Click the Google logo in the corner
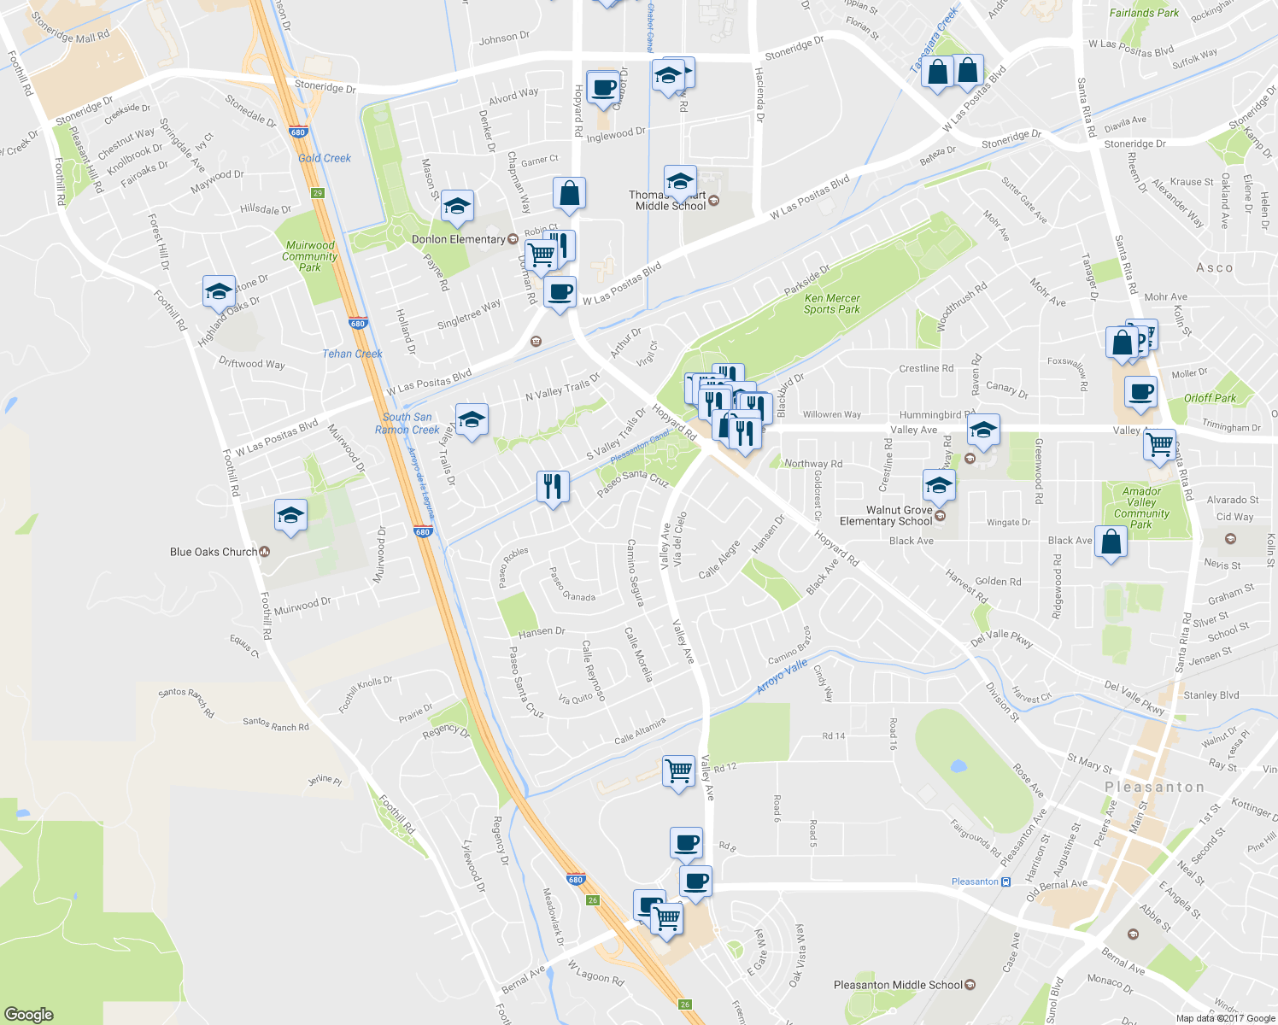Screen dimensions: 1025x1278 click(x=29, y=1014)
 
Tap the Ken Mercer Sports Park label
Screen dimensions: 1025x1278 click(x=831, y=304)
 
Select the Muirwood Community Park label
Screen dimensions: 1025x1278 click(x=309, y=256)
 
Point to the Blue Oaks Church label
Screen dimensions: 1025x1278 click(x=214, y=552)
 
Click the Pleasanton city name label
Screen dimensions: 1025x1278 click(x=1154, y=787)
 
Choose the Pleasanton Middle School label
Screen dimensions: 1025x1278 click(x=898, y=985)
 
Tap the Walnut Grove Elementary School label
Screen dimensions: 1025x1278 click(x=886, y=515)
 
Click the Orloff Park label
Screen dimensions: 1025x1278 click(x=1210, y=398)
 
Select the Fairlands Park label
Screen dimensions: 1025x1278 click(x=1144, y=13)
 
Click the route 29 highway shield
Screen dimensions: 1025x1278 click(x=318, y=193)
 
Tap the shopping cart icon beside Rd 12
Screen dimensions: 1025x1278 click(x=679, y=770)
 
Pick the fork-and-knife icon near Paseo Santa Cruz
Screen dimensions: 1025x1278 click(x=552, y=487)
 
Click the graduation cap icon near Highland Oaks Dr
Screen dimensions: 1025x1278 click(x=219, y=291)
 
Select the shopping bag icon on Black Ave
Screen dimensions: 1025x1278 click(x=1110, y=542)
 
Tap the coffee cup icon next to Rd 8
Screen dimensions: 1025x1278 click(x=687, y=843)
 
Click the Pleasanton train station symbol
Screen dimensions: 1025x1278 click(x=1005, y=881)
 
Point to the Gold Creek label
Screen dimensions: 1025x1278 click(x=325, y=158)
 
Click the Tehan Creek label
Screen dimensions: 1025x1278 click(x=352, y=354)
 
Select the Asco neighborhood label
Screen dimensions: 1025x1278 click(x=1214, y=267)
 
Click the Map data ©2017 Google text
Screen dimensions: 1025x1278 click(x=1224, y=1018)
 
